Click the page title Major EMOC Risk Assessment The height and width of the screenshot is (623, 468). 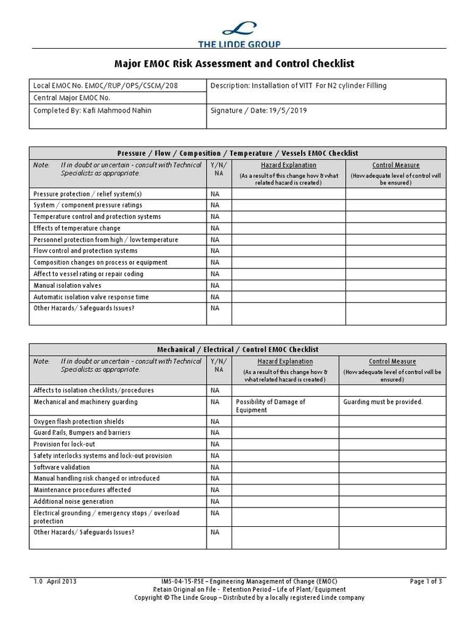click(x=234, y=63)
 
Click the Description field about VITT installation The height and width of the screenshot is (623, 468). click(x=299, y=86)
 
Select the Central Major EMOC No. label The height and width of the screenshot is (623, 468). click(x=73, y=97)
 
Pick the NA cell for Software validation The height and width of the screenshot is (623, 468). click(x=214, y=467)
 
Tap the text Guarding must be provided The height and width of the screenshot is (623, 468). click(x=383, y=402)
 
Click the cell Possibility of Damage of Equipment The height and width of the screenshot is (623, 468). click(x=270, y=406)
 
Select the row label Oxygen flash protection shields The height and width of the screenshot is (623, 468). click(x=79, y=422)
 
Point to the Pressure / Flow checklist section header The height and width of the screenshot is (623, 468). click(x=237, y=153)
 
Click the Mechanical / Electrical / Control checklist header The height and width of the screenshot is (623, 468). click(x=237, y=350)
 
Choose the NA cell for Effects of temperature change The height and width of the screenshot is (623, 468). click(x=214, y=228)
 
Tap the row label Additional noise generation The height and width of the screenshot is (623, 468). click(x=73, y=502)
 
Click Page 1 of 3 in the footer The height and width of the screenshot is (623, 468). click(x=426, y=582)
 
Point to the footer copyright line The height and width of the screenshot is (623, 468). click(x=249, y=598)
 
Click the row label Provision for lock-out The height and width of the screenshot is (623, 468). click(x=64, y=444)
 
